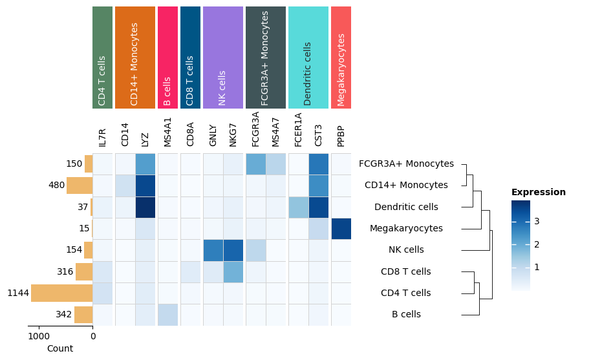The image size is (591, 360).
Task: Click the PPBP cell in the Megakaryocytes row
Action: (x=341, y=229)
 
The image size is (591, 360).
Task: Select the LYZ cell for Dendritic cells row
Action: (x=145, y=207)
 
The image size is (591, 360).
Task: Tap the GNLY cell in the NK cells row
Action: (x=213, y=250)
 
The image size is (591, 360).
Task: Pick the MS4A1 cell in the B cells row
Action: (x=167, y=315)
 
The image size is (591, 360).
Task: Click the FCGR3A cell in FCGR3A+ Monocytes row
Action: (x=255, y=164)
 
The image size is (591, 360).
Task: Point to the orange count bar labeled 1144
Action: (x=61, y=293)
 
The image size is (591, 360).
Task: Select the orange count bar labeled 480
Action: (x=80, y=185)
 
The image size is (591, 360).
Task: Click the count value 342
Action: (x=64, y=315)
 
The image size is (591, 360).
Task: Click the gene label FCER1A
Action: (x=298, y=130)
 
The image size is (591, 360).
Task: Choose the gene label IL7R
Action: (x=103, y=137)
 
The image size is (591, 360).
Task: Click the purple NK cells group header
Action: (x=223, y=58)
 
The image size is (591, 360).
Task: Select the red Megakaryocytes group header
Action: (x=341, y=58)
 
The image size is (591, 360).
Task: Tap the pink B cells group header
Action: (x=167, y=58)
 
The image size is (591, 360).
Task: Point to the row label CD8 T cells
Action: (x=405, y=272)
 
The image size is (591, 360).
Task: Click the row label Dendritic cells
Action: (x=406, y=207)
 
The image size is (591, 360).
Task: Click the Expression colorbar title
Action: (x=538, y=193)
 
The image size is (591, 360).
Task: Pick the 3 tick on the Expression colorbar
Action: (x=537, y=222)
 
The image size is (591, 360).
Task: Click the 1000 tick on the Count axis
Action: (x=39, y=336)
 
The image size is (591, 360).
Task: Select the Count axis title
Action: (x=60, y=349)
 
